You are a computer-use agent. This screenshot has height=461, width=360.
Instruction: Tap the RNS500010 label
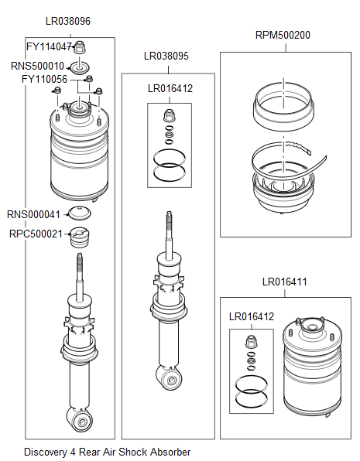(37, 66)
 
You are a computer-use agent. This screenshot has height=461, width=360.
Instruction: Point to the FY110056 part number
(44, 79)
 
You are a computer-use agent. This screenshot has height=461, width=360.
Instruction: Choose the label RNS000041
(33, 214)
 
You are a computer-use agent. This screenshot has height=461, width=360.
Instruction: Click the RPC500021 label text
(35, 233)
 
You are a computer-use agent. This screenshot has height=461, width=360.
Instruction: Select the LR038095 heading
(166, 56)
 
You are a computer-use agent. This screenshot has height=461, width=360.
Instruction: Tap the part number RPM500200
(283, 36)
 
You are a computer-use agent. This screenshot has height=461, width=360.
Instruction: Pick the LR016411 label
(284, 282)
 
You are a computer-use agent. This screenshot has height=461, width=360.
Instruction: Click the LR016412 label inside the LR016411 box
(252, 316)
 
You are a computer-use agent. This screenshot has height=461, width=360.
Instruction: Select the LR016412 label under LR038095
(170, 88)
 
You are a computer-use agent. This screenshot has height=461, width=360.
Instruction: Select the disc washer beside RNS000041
(80, 214)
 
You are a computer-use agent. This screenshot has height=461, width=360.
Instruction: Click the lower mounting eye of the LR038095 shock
(171, 377)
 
